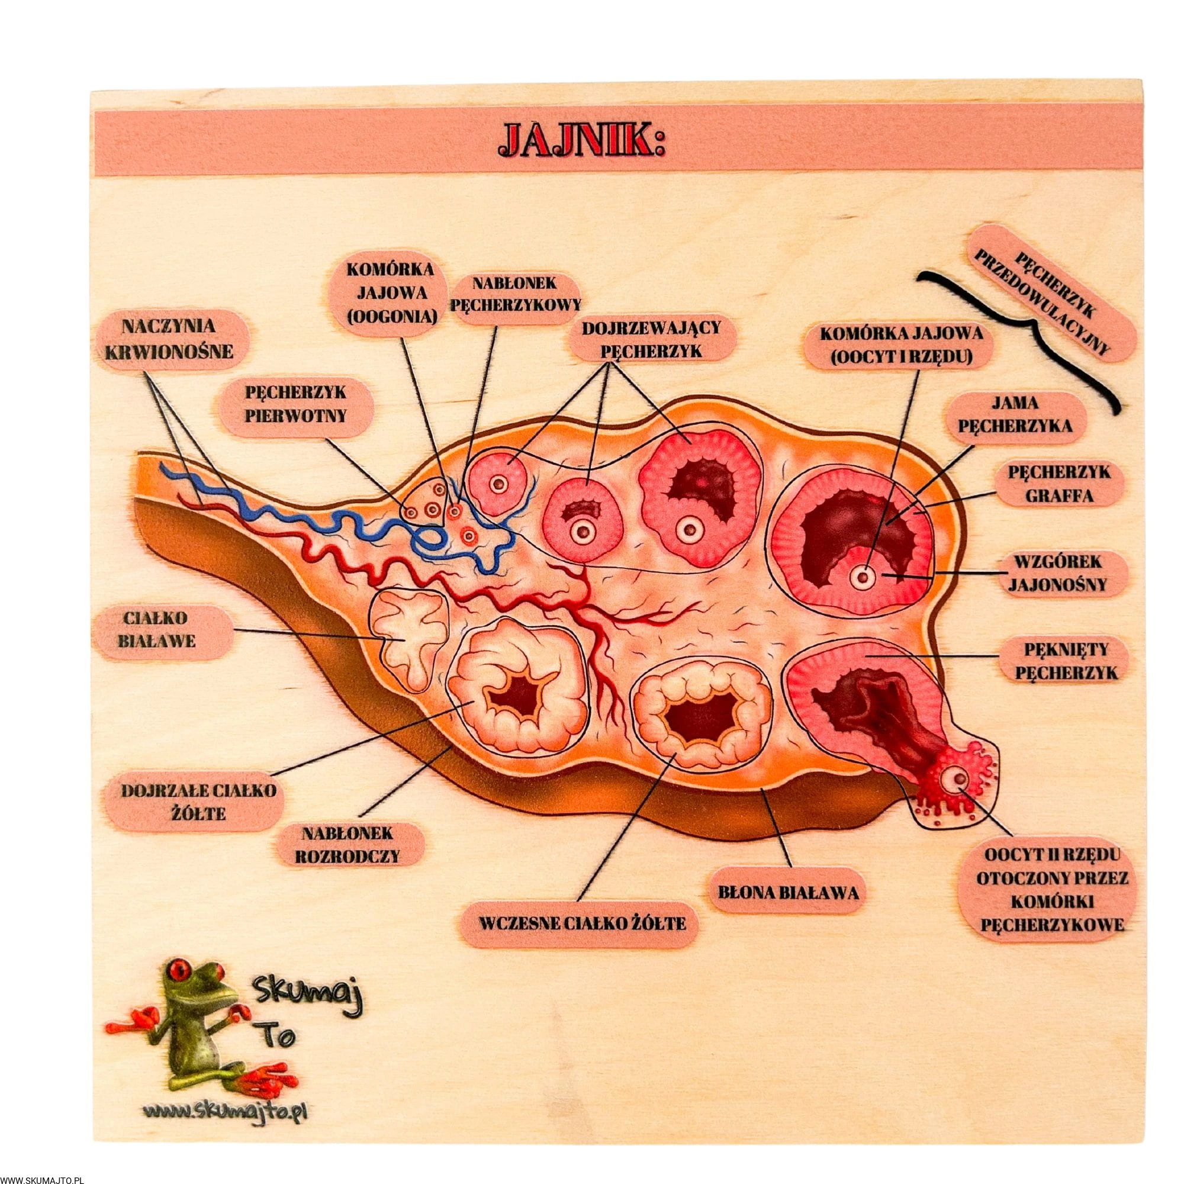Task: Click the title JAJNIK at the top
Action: [x=582, y=142]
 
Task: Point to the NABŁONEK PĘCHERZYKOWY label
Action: [x=515, y=293]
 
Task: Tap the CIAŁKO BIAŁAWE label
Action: [x=162, y=630]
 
